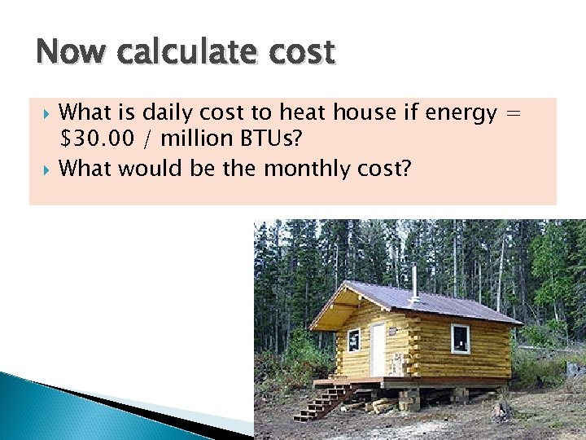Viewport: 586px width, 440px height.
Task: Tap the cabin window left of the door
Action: [x=353, y=340]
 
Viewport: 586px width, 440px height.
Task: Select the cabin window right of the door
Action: [x=461, y=337]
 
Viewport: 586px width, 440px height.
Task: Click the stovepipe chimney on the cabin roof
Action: [x=414, y=280]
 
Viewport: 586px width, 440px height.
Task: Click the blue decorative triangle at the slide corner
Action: [x=49, y=399]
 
